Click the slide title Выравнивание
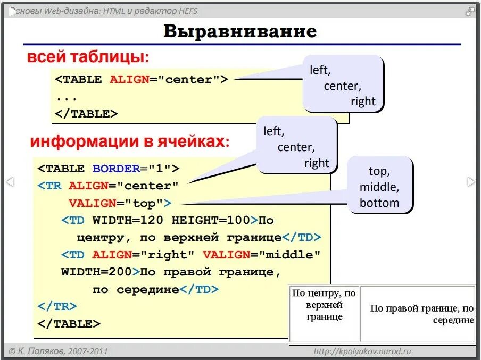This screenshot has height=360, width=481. (239, 31)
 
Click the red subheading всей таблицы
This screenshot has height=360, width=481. (87, 56)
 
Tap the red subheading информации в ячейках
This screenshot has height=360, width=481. (129, 141)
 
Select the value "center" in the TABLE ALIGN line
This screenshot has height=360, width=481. (189, 79)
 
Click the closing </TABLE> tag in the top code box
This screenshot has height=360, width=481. (86, 113)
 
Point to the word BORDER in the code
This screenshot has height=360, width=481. (116, 169)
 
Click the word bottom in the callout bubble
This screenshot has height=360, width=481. (379, 203)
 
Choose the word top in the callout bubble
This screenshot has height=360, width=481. (379, 171)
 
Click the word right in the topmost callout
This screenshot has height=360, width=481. (363, 101)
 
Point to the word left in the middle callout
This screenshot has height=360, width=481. (273, 131)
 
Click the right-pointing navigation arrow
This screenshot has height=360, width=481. (471, 182)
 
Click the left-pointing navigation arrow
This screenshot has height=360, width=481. (10, 182)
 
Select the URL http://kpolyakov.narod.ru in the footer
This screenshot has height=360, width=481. (362, 351)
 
